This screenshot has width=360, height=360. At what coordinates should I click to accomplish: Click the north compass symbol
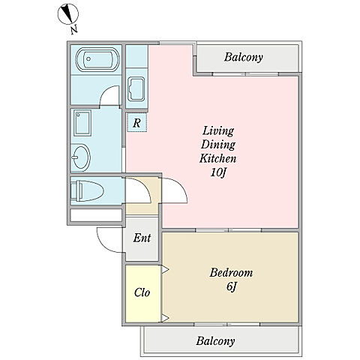click(68, 14)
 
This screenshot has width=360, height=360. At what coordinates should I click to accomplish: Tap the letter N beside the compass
click(73, 30)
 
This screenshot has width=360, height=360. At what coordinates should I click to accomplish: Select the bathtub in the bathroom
click(97, 59)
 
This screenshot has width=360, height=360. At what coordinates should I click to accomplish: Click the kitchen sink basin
click(136, 88)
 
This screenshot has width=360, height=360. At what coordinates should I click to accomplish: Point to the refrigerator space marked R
click(136, 122)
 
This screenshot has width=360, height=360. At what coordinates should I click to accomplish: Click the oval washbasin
click(81, 157)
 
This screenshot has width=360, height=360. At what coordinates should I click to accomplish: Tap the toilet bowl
click(87, 191)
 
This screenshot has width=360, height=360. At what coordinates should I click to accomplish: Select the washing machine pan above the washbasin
click(82, 123)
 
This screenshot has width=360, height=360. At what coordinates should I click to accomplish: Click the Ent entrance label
click(142, 238)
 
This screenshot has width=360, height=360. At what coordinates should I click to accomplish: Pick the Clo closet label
click(142, 292)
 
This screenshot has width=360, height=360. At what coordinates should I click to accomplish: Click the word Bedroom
click(231, 272)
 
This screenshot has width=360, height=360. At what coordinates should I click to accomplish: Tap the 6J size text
click(231, 286)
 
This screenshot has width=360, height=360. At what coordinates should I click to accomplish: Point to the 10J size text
click(218, 172)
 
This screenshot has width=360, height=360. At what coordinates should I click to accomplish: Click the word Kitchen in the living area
click(217, 158)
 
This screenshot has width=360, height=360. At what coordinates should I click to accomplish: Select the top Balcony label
click(244, 57)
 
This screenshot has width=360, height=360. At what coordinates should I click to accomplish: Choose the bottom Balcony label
click(215, 341)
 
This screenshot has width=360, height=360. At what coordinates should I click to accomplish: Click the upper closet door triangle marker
click(165, 270)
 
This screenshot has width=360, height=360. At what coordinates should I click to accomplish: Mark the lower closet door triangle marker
click(165, 318)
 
